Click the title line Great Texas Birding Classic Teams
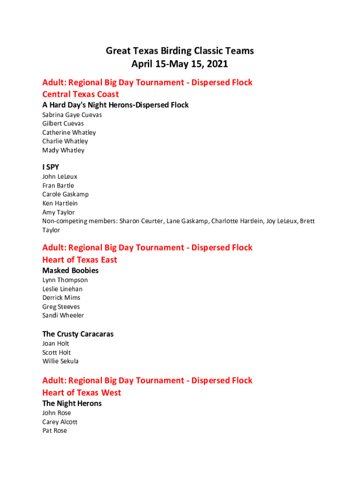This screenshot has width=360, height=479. coord(180,51)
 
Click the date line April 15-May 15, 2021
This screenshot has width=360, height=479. coord(180,64)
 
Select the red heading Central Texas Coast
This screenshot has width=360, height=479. coord(80,94)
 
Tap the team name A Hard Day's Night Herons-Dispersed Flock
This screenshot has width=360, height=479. coord(115,105)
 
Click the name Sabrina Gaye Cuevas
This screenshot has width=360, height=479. coord(72,115)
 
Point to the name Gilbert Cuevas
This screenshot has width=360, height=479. coord(63,123)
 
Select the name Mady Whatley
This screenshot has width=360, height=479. coord(63,150)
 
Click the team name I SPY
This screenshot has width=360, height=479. coord(50,167)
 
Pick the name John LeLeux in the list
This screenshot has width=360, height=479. coord(60,176)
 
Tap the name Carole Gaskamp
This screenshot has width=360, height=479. coord(65,194)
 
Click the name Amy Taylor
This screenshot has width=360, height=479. coord(58,212)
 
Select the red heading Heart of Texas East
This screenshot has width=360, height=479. coord(79,260)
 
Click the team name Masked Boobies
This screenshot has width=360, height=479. coord(70,270)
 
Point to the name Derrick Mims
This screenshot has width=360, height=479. coord(61,298)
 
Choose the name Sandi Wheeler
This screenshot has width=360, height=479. coord(63,315)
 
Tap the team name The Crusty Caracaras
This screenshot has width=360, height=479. coord(78,334)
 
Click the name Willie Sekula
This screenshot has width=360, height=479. coord(60,361)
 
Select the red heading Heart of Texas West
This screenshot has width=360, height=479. coord(81,392)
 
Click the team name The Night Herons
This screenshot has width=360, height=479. coord(72,403)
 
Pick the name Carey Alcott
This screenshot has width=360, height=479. coord(60,422)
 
